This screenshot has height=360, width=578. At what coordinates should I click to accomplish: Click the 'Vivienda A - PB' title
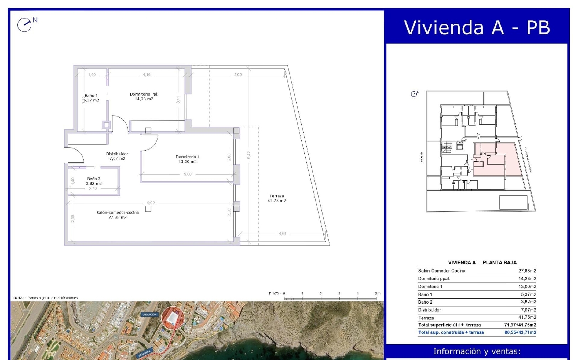click(x=477, y=28)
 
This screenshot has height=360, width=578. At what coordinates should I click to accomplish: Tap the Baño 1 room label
click(x=92, y=98)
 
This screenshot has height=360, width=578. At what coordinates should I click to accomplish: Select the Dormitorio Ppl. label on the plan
click(x=144, y=96)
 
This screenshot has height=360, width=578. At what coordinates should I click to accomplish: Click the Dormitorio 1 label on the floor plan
click(x=187, y=159)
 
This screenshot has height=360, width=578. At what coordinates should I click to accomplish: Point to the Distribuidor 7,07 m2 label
click(x=117, y=156)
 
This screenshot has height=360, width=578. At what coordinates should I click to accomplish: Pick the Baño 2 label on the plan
click(x=94, y=181)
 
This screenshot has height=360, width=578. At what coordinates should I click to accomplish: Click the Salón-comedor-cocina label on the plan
click(x=118, y=215)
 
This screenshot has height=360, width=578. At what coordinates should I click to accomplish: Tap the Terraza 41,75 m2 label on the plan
click(x=277, y=199)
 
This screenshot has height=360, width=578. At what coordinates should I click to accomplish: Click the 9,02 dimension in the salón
click(x=151, y=203)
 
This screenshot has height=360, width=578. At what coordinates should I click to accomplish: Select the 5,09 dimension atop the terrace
click(x=238, y=74)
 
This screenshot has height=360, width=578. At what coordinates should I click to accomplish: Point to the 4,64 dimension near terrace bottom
click(x=282, y=234)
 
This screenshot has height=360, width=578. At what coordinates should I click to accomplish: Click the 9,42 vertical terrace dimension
click(x=249, y=155)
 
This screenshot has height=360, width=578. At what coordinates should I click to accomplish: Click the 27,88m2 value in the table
click(x=527, y=271)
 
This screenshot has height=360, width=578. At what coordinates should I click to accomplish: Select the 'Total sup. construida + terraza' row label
click(x=451, y=332)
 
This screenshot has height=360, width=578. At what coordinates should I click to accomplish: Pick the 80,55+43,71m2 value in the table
click(x=520, y=332)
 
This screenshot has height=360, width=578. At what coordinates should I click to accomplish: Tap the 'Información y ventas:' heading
click(x=477, y=351)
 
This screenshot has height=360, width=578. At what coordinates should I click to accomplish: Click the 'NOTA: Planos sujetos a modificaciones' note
click(x=45, y=298)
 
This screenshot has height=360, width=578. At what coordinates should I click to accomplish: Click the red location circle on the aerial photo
click(x=173, y=318)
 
